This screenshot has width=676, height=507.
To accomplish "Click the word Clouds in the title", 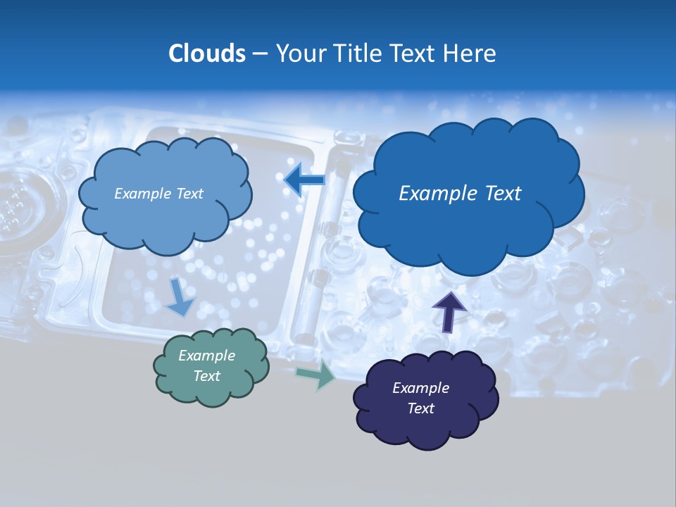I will (207, 54).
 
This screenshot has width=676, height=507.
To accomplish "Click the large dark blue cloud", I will (468, 225).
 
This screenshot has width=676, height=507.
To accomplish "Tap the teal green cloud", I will (211, 391).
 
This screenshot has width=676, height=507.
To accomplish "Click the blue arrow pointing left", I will (304, 181).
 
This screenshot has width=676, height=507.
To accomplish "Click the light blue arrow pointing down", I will (180, 296).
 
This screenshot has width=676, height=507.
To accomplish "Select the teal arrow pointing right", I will (315, 375).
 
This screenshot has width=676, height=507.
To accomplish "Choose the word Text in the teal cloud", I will (207, 376).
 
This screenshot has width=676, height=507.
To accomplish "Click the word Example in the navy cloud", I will (420, 388).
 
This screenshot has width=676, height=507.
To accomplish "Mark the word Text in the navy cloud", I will (420, 408).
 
